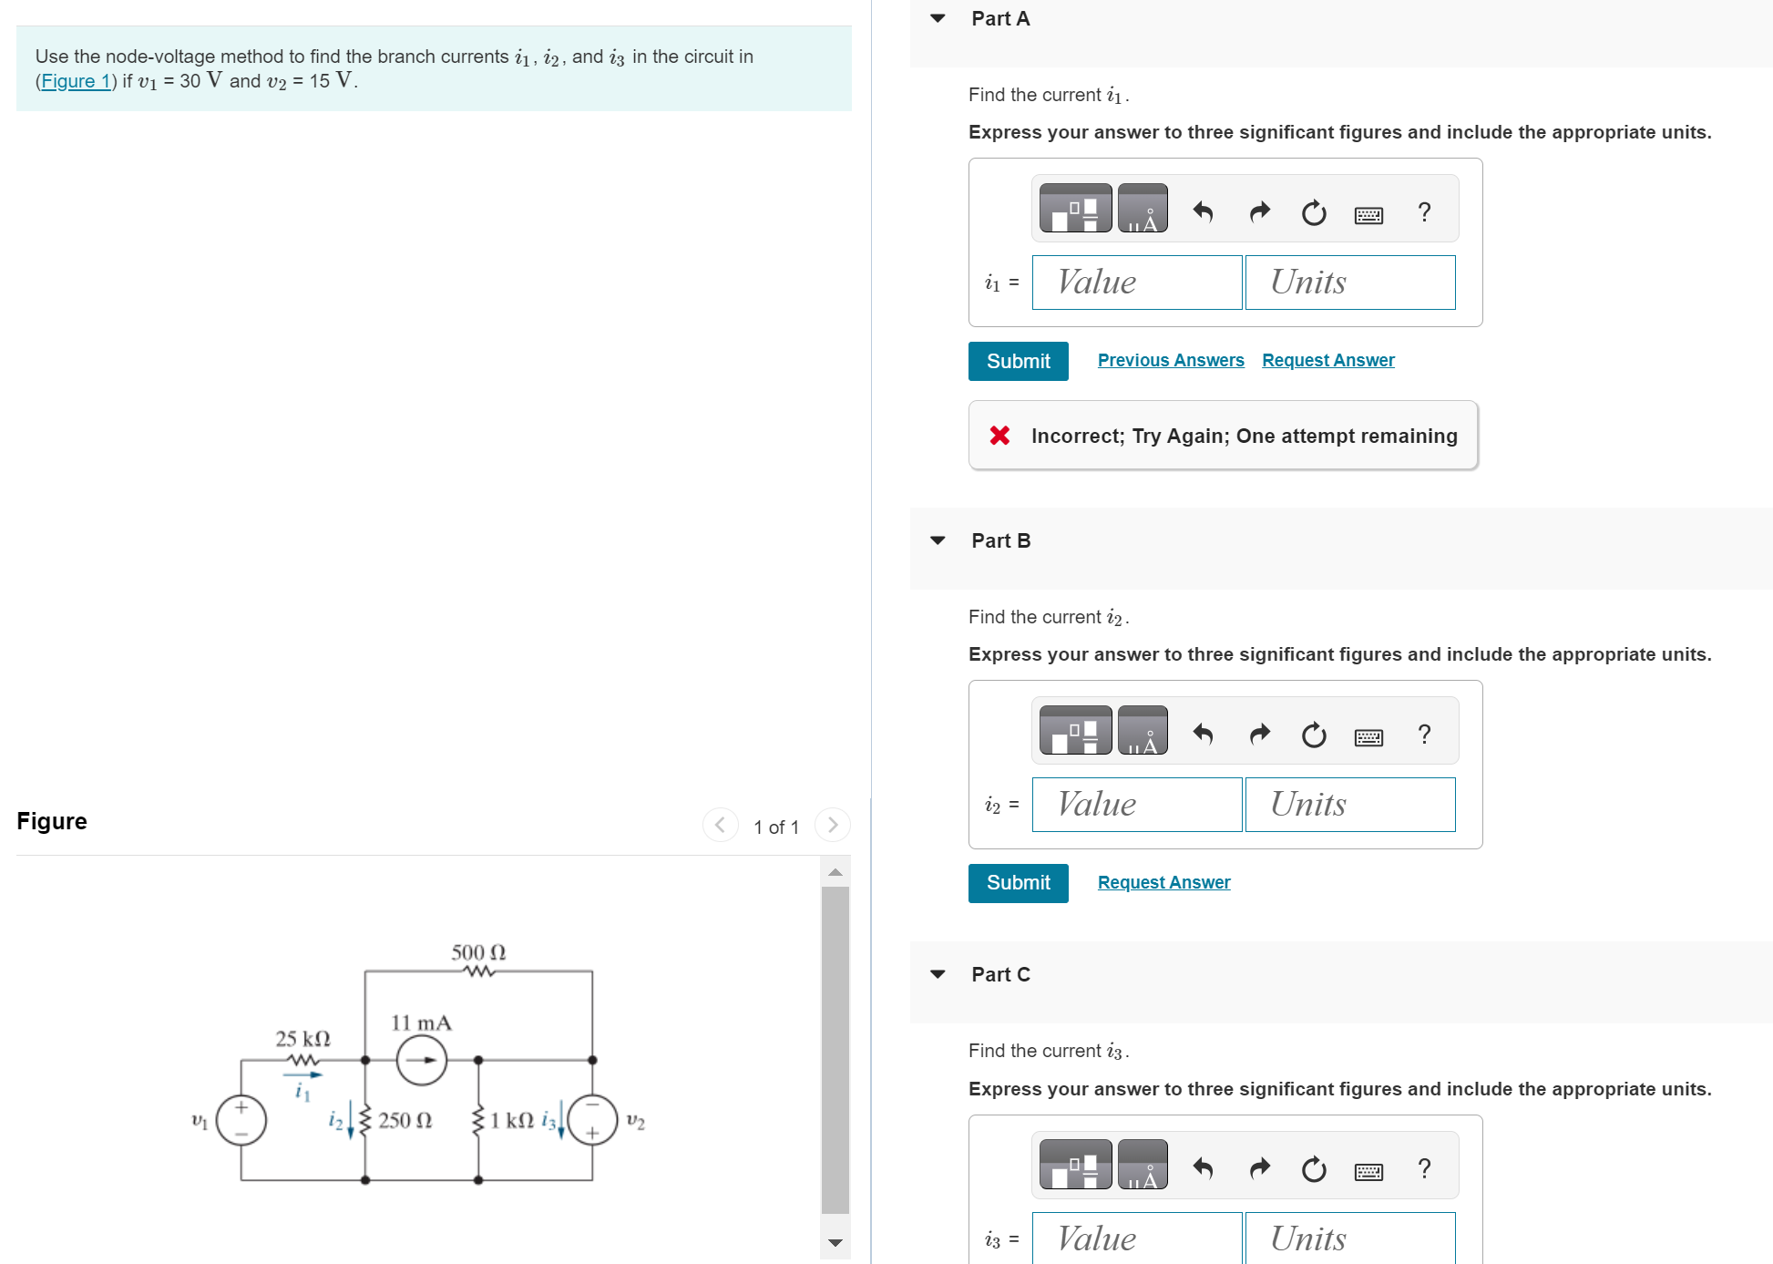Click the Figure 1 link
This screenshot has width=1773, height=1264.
[76, 81]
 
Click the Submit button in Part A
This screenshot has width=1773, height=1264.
[1018, 361]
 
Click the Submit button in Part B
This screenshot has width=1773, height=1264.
[1018, 883]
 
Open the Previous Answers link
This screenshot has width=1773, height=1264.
[1170, 360]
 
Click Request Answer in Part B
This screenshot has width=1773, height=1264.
[1163, 882]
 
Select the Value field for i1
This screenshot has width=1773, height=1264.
[1136, 283]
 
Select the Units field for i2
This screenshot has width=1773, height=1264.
[1349, 805]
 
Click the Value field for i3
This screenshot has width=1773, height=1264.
[1136, 1238]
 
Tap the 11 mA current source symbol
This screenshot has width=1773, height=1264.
[422, 1060]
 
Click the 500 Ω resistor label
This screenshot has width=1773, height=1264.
[478, 952]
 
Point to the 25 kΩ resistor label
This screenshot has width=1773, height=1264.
[302, 1039]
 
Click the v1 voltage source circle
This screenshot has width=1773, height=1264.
[241, 1121]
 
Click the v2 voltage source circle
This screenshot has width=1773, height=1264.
[592, 1121]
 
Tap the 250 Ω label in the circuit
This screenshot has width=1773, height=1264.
[405, 1121]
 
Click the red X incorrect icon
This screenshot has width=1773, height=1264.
[999, 436]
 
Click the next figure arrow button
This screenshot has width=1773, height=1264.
[832, 825]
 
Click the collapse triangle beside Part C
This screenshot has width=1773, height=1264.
[938, 974]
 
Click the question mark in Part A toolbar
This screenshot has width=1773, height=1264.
[1424, 212]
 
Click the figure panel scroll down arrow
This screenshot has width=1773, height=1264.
[835, 1242]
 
